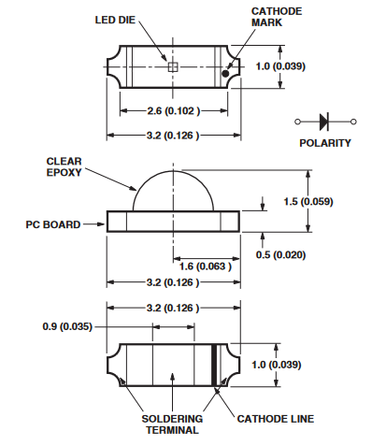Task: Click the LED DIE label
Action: tap(115, 20)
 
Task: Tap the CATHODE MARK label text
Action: tap(277, 17)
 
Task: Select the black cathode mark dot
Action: tap(225, 74)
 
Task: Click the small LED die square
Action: tap(173, 67)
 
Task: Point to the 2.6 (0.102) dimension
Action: tap(173, 110)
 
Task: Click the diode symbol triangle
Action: tap(323, 122)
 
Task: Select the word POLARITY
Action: tap(325, 143)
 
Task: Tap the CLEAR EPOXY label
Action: tap(64, 166)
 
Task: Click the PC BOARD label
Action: tap(53, 224)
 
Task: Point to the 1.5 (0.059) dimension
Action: tap(308, 201)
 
